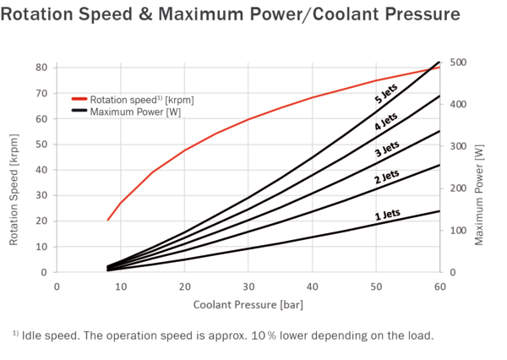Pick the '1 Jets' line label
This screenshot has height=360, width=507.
coord(387,216)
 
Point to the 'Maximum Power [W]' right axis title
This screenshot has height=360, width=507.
coord(479,194)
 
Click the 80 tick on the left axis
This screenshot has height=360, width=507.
coord(40,68)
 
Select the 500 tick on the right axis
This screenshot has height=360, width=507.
coord(458,63)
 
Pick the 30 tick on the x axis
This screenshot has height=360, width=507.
coord(248,286)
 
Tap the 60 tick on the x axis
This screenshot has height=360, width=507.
coord(439,286)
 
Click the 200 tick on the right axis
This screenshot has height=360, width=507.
coord(458,188)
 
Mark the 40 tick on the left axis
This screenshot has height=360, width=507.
coord(40,170)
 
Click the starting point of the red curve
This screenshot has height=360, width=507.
coord(108,220)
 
